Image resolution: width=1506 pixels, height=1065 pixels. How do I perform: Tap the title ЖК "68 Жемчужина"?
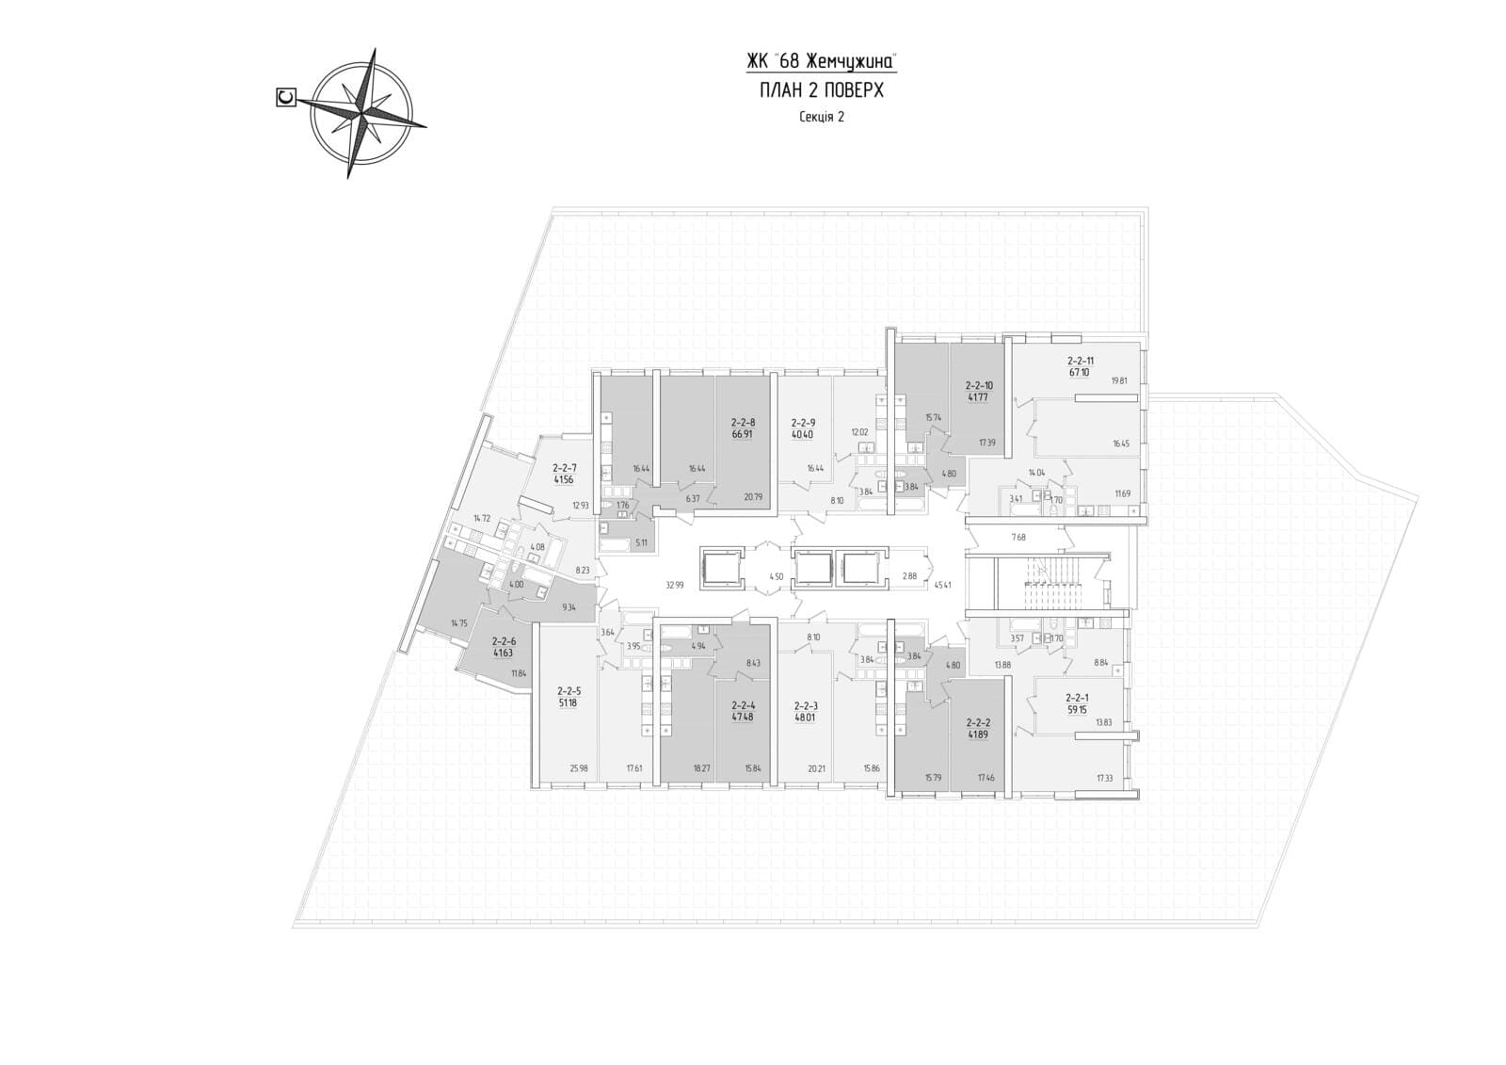pyautogui.click(x=821, y=62)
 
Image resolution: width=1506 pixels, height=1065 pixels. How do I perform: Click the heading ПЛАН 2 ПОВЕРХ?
pyautogui.click(x=821, y=90)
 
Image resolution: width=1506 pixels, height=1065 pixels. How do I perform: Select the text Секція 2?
pyautogui.click(x=821, y=117)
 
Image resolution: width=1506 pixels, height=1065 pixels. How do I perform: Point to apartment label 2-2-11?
pyautogui.click(x=1080, y=361)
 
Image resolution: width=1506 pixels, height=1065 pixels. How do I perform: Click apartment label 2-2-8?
pyautogui.click(x=744, y=423)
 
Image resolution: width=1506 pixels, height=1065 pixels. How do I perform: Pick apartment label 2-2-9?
pyautogui.click(x=803, y=423)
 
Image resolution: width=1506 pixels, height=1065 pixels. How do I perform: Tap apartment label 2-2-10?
pyautogui.click(x=979, y=385)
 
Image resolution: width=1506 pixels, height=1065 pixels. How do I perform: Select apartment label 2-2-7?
pyautogui.click(x=564, y=467)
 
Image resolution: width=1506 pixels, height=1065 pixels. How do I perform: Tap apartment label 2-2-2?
pyautogui.click(x=979, y=723)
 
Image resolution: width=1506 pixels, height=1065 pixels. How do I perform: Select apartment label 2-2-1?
pyautogui.click(x=1078, y=698)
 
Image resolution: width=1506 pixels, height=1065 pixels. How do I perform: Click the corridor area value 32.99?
pyautogui.click(x=674, y=585)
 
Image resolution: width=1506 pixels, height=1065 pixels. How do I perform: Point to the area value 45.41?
pyautogui.click(x=942, y=585)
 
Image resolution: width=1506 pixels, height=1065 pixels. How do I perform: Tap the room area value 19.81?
pyautogui.click(x=1118, y=381)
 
